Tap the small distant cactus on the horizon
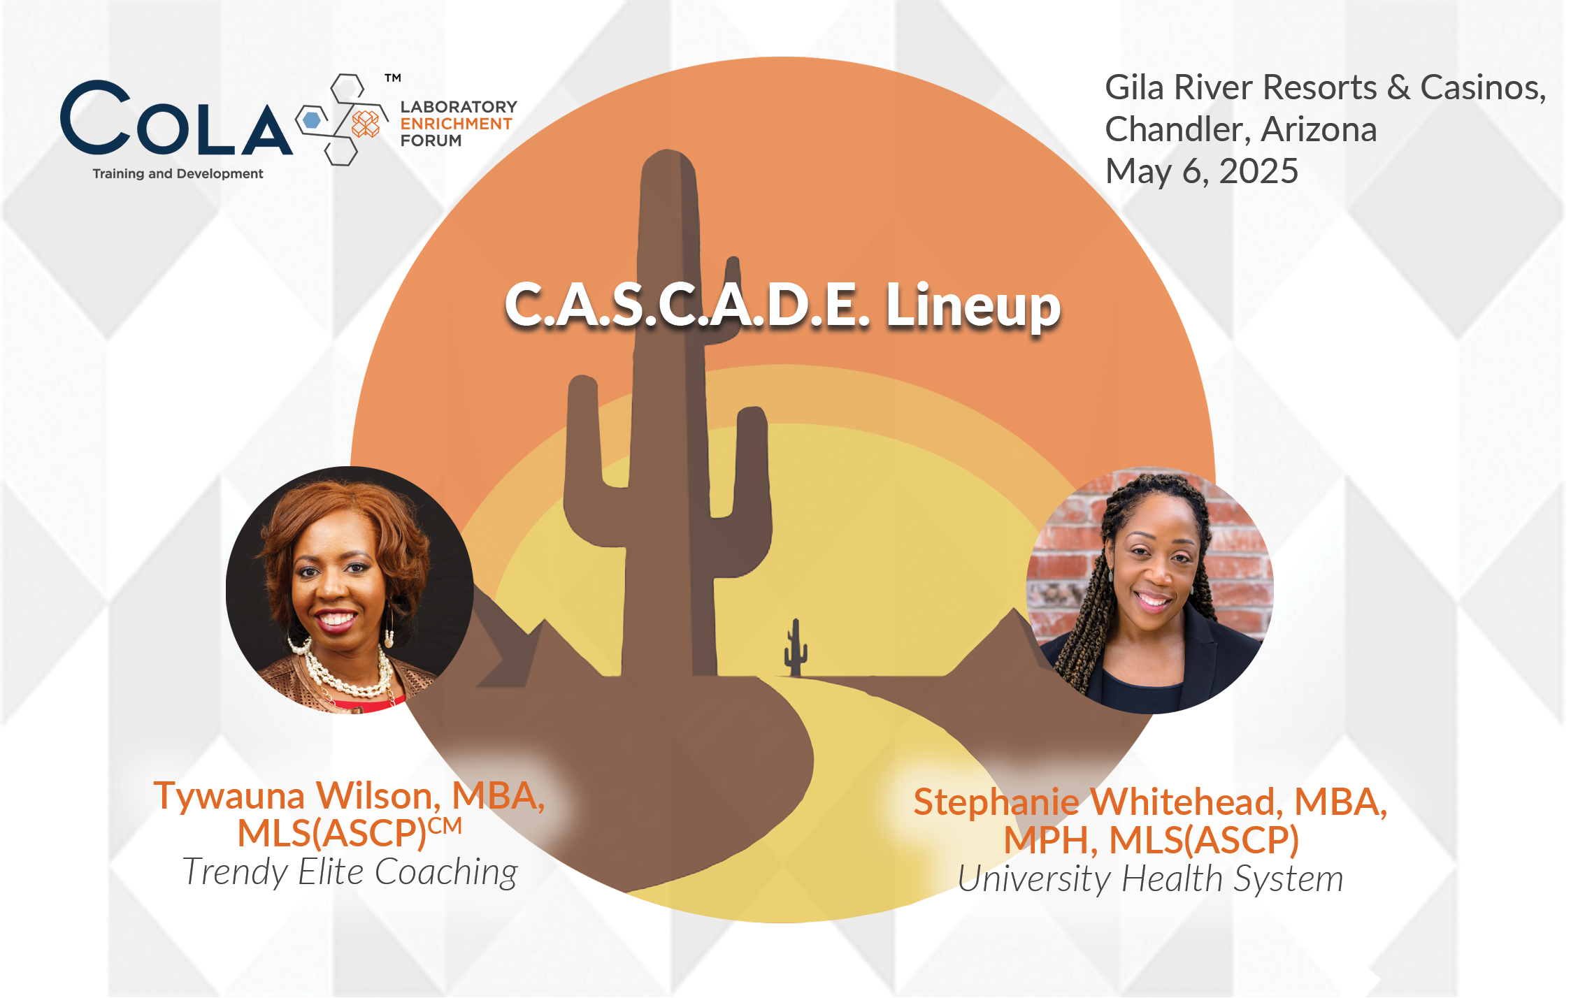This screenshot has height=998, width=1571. coord(795,648)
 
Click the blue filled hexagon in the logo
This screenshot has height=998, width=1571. coord(312,120)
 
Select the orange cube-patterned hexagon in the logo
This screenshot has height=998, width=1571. coord(365,124)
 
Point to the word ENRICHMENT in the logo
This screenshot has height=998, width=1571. coord(456,124)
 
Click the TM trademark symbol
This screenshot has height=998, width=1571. coord(393,78)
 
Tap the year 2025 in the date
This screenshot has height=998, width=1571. coord(1258,171)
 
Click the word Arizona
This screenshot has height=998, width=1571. coord(1319,129)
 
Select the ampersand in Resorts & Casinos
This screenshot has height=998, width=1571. coord(1398,88)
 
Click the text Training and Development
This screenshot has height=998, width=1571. coord(178,173)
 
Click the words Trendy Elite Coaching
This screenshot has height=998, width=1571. coord(350,872)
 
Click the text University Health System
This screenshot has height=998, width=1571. coord(1150,878)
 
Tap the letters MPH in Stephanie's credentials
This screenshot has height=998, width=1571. coord(1046,840)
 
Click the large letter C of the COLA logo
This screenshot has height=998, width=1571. coord(96,117)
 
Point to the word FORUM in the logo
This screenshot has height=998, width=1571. coord(431,140)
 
